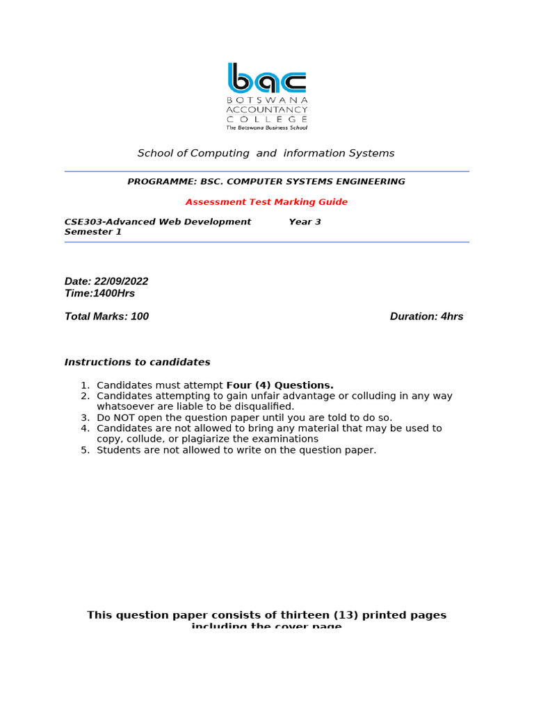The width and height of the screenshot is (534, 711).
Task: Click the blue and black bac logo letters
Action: pos(267,78)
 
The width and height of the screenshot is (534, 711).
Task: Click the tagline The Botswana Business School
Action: pos(267,128)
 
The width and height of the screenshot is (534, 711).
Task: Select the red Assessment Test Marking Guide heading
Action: pos(266,202)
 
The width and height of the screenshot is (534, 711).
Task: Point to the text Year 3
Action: pos(305,222)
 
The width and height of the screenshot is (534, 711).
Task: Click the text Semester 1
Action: pos(93,232)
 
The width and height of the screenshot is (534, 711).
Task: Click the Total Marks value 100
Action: pos(140,317)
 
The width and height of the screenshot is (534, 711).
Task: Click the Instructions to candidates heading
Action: pos(137,362)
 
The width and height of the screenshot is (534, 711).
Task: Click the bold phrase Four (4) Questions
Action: pos(280,385)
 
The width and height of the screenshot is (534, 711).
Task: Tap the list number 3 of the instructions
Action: pos(85,418)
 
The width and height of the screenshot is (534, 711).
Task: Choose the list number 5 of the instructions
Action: pos(85,450)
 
